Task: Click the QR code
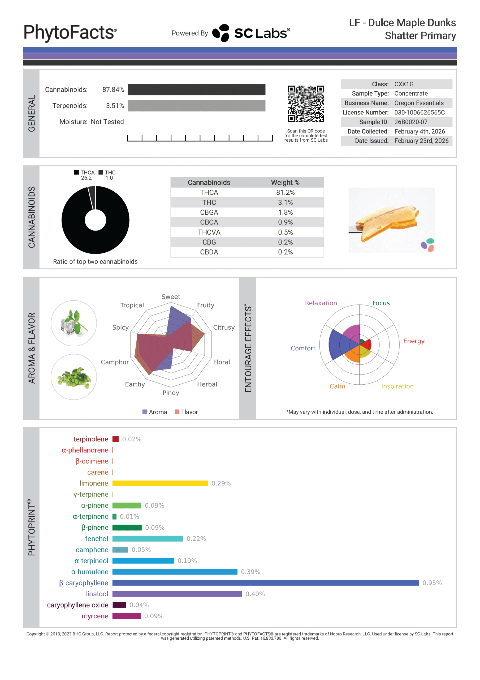(306, 104)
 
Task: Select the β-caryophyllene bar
(265, 583)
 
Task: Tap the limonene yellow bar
(160, 483)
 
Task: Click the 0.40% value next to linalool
(255, 594)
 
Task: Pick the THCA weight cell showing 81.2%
(285, 193)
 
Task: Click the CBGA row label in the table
(209, 212)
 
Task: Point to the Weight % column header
(285, 182)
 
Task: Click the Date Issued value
(421, 141)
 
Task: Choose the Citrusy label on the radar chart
(224, 327)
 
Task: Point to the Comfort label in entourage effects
(303, 348)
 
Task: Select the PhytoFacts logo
(70, 32)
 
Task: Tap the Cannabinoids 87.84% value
(113, 90)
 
